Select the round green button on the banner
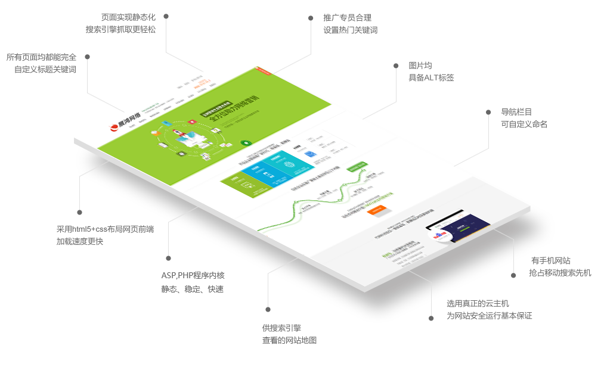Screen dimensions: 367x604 tap(245, 143)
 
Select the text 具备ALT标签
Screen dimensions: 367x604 tap(431, 77)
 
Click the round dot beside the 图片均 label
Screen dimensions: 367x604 tap(396, 66)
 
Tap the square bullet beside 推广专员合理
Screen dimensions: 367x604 tap(311, 18)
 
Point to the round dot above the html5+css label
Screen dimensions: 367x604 tap(79, 212)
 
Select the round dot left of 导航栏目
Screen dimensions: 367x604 tap(488, 112)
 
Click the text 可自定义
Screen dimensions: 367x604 tap(516, 124)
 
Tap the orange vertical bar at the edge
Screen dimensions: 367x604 tap(588, 265)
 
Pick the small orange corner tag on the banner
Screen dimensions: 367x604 tap(257, 69)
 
